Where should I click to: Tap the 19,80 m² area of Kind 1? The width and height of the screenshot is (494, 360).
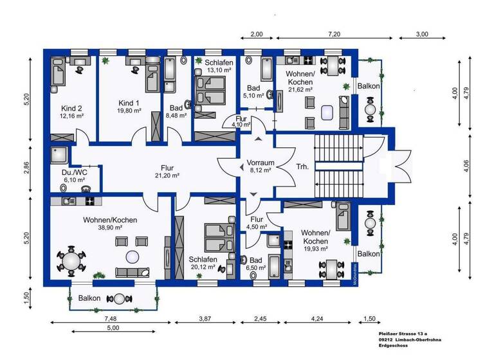click(x=129, y=111)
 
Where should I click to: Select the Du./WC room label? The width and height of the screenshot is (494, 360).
click(x=71, y=172)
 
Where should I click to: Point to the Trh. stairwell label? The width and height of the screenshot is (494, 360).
click(x=301, y=166)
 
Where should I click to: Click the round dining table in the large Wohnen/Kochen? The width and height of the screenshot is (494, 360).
click(x=70, y=261)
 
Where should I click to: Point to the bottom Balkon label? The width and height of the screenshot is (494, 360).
click(x=89, y=298)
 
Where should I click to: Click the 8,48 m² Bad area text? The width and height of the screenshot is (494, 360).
click(x=176, y=116)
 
